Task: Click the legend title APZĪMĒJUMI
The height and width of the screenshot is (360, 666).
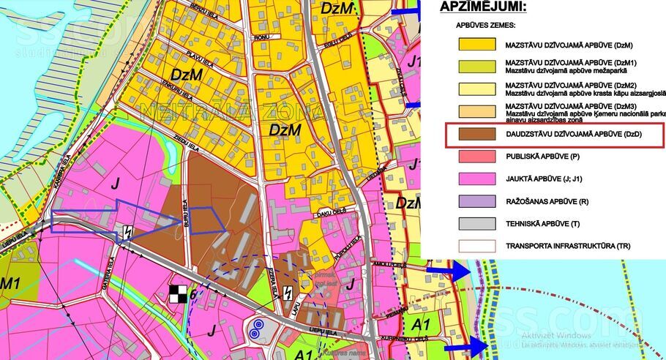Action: pyautogui.click(x=483, y=7)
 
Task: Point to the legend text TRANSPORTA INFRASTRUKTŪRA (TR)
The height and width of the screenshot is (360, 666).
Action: pyautogui.click(x=567, y=245)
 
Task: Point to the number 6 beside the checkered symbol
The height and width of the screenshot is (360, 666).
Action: pyautogui.click(x=192, y=294)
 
